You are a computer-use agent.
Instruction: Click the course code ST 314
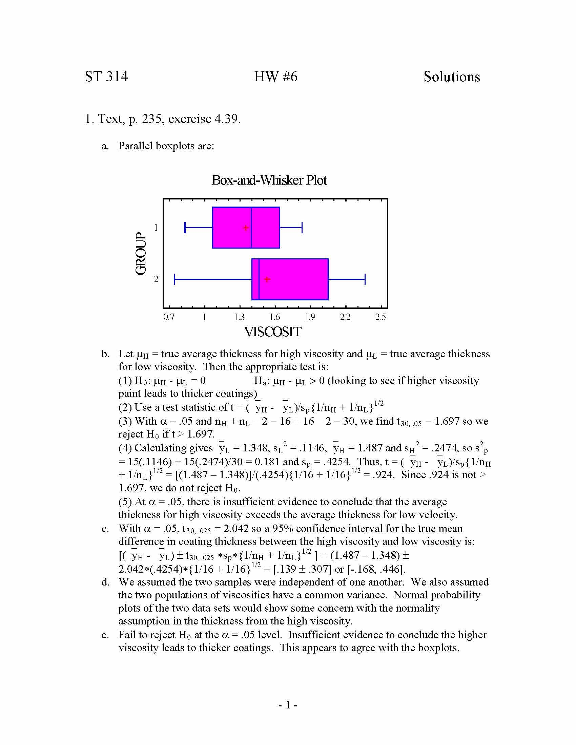106,77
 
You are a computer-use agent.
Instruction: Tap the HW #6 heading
275,77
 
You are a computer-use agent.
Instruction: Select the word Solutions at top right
451,77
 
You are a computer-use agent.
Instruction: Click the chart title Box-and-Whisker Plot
269,180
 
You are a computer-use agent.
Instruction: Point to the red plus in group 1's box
246,228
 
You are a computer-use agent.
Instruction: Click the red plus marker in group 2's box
267,279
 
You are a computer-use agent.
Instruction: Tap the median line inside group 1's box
251,228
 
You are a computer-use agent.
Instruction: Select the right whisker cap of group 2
365,279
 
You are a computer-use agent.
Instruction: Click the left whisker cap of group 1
185,228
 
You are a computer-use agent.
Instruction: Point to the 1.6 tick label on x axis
275,317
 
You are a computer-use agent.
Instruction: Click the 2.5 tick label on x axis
380,317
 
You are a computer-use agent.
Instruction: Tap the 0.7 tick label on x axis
169,317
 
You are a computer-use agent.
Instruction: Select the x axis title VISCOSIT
273,332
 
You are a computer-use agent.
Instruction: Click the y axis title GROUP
141,253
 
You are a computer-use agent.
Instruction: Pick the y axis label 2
156,279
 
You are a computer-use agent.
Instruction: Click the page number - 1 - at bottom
288,705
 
